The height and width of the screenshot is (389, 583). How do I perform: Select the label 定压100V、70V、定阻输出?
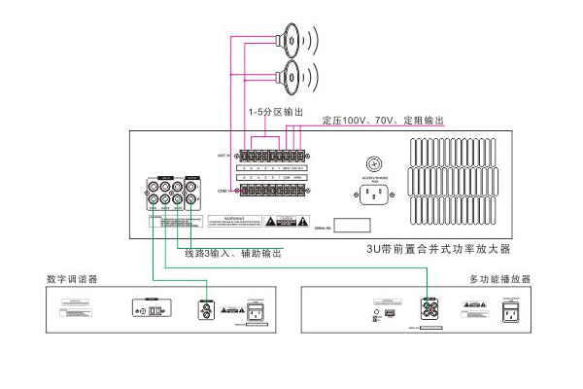[x=383, y=121]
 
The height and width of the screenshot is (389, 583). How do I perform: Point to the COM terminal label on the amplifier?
[x=224, y=192]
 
